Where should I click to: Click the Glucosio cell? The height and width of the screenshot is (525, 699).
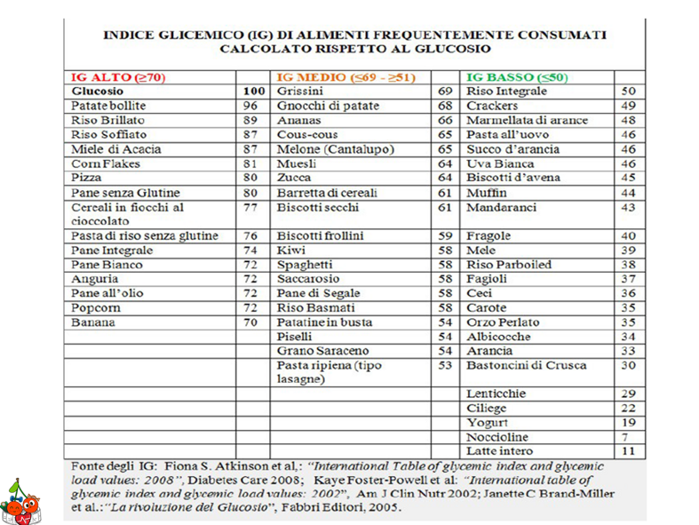click(98, 91)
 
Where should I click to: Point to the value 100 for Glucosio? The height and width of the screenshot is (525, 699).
click(254, 91)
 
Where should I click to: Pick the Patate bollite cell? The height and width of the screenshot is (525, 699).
click(108, 106)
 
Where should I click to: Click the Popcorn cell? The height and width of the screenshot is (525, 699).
click(96, 307)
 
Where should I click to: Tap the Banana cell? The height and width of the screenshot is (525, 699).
click(93, 322)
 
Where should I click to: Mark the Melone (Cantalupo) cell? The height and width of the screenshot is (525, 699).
click(335, 149)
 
